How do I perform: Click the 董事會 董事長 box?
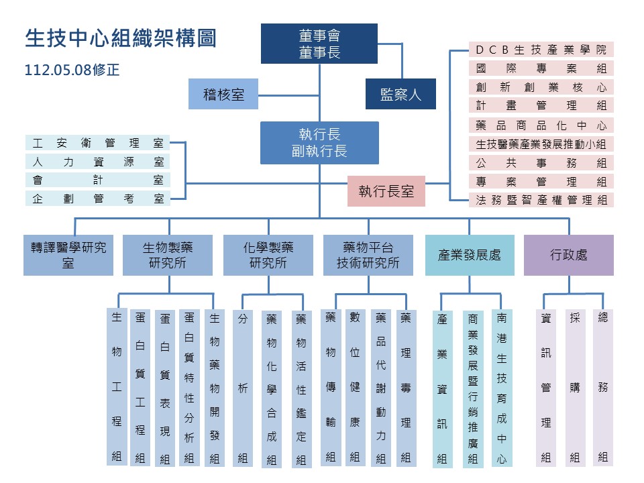click(319, 44)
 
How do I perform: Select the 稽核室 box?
click(223, 94)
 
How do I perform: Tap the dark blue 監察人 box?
click(400, 94)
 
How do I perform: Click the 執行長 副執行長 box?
click(319, 142)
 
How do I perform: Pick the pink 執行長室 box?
click(386, 191)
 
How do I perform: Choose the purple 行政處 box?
click(569, 255)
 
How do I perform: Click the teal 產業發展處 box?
click(470, 255)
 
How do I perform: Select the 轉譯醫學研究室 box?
click(68, 255)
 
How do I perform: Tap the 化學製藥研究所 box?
click(268, 255)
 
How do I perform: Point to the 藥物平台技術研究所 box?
click(368, 255)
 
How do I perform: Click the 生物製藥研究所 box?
click(168, 255)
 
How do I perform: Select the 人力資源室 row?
click(98, 162)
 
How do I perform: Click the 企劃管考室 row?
click(98, 199)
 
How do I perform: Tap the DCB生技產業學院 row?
click(541, 49)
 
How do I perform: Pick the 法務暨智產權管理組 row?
click(541, 200)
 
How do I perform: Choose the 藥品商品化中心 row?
click(541, 125)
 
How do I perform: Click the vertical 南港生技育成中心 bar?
click(502, 388)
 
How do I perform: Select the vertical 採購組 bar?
click(575, 388)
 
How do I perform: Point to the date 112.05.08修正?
click(72, 70)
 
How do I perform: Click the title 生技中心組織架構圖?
click(121, 38)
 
